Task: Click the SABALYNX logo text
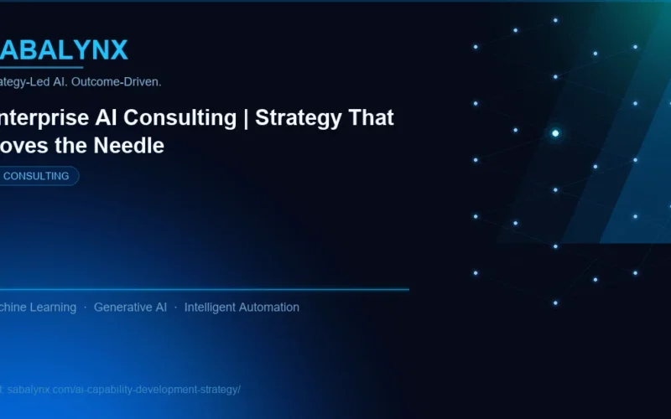pos(64,50)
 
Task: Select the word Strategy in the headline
pos(295,118)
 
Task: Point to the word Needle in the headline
pos(132,145)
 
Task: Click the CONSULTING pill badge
pos(39,176)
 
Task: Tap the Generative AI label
pos(130,308)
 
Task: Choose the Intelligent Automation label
pos(242,308)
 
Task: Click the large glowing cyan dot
pos(555,133)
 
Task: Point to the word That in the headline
pos(369,118)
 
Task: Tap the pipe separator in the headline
pos(247,118)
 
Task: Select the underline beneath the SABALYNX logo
pos(42,67)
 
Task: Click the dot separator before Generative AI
pos(85,308)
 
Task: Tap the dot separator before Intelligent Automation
pos(175,308)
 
